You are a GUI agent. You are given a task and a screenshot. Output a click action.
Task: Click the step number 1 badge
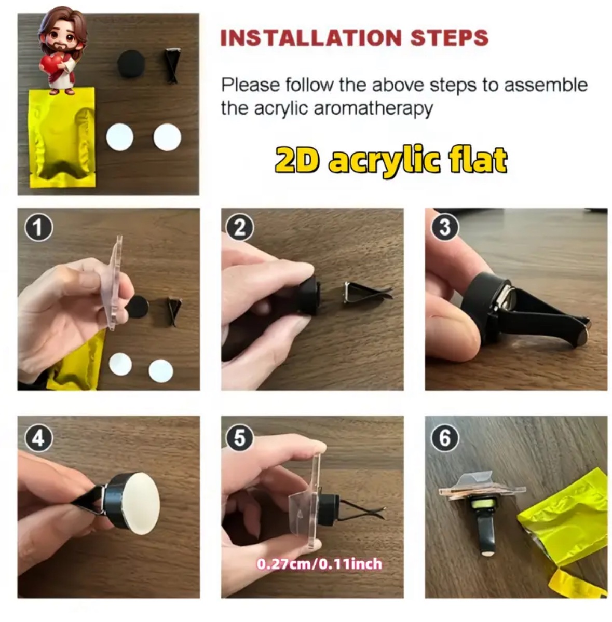38,228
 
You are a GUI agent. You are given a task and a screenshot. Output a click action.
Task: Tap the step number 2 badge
239,228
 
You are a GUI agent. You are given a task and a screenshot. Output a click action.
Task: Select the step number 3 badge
444,227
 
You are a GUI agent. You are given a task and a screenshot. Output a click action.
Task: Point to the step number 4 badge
38,438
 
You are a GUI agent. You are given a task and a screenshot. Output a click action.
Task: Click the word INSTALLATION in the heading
311,38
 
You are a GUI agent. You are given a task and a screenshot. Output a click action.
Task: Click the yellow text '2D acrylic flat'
391,161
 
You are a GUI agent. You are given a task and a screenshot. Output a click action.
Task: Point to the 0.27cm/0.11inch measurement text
319,564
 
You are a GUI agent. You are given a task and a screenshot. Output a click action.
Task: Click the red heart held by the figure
51,63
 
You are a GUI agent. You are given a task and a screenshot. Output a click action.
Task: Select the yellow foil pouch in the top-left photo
62,137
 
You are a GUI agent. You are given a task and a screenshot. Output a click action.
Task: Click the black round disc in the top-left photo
132,64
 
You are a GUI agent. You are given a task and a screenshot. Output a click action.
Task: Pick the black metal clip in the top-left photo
172,65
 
